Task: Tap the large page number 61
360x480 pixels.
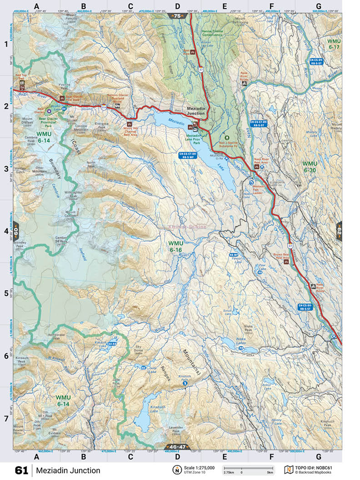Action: [22, 470]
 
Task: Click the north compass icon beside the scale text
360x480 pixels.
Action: [175, 470]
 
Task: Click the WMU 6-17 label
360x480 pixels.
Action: [334, 44]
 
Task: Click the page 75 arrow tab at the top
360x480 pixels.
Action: [177, 16]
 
